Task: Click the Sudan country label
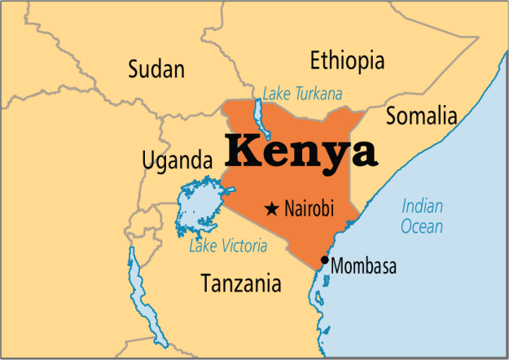pos(157,69)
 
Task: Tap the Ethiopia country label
pos(347,60)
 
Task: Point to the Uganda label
pos(176,160)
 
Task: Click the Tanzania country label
pos(241,283)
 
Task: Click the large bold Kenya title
pos(301,151)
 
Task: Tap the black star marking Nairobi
pos(271,209)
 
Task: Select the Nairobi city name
pos(309,209)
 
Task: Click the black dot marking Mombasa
pos(325,261)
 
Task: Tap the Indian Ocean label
pos(423,216)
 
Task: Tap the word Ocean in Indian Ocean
pos(422,226)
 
